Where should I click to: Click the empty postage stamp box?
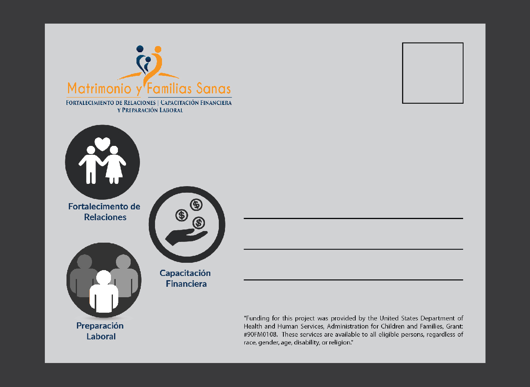click(433, 73)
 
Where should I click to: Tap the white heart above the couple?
click(102, 144)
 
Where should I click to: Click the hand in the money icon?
click(186, 236)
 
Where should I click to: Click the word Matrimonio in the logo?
click(99, 89)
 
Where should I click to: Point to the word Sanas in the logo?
click(213, 89)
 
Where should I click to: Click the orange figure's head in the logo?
click(158, 50)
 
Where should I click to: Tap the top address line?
click(353, 218)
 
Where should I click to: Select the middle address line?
click(353, 249)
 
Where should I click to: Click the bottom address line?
click(353, 279)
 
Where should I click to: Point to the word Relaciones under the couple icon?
click(105, 217)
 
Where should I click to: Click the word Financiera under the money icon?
click(186, 284)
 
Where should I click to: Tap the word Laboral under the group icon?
click(101, 337)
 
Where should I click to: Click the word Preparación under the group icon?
click(100, 326)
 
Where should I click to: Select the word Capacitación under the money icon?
click(185, 273)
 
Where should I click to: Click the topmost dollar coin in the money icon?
click(196, 204)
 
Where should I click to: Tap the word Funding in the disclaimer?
click(258, 319)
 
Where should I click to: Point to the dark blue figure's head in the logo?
click(140, 49)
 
